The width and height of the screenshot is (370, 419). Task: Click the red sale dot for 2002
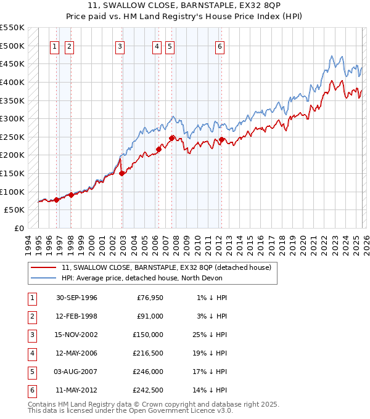click(x=122, y=173)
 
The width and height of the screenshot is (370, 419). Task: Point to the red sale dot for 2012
click(x=221, y=139)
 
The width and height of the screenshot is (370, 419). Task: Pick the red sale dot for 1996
click(x=56, y=200)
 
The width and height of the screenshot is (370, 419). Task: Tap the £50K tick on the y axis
click(x=15, y=209)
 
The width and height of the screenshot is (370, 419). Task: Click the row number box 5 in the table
click(x=31, y=372)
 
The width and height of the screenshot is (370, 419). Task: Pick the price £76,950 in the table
click(x=148, y=298)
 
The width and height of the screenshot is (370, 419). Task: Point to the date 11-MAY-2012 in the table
click(x=76, y=391)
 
